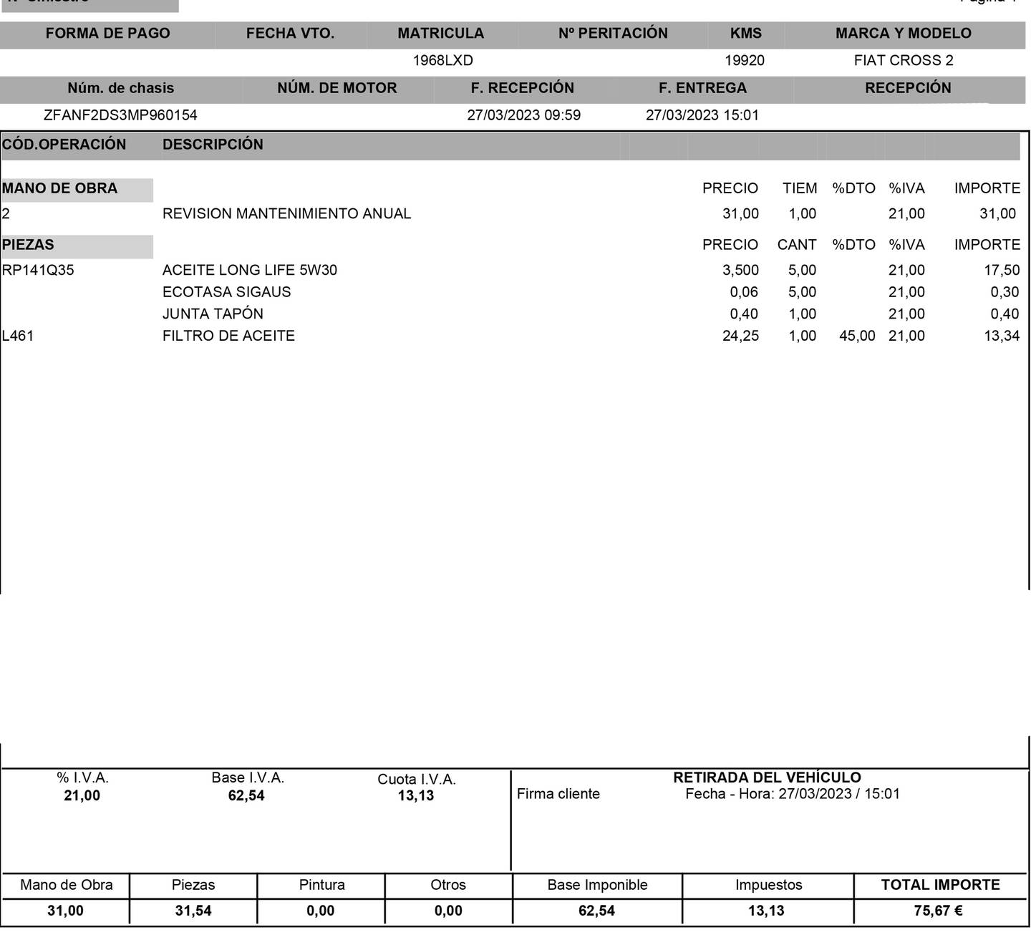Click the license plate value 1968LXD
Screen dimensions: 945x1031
tap(442, 61)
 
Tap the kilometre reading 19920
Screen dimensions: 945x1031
tap(745, 61)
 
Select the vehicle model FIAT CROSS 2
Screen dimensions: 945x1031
tap(904, 61)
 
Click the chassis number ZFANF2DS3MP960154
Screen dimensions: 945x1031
tap(120, 115)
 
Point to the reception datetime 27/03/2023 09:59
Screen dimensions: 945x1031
tap(523, 115)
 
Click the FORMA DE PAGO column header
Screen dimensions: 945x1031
tap(107, 34)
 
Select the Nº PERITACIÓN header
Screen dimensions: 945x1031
tap(613, 34)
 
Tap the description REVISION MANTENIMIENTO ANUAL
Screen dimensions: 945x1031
tap(286, 214)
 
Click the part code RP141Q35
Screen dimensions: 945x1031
tap(38, 271)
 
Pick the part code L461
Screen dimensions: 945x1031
tap(18, 336)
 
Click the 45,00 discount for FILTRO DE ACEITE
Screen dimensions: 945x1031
tap(857, 336)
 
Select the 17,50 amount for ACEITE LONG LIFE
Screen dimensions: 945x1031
tap(1002, 271)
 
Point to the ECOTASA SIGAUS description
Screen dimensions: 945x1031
tap(226, 292)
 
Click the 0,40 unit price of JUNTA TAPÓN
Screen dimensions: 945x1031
tap(744, 314)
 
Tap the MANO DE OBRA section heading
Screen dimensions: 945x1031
tap(59, 189)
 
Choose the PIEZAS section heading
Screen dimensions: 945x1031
tap(28, 245)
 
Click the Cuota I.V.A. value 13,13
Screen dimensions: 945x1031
tap(416, 796)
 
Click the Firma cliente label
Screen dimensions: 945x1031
tap(558, 794)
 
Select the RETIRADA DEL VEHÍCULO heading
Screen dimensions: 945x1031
tap(767, 777)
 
